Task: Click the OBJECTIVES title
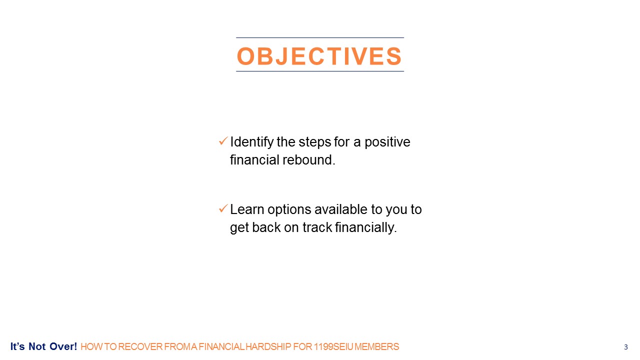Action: coord(319,55)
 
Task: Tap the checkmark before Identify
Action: coord(223,140)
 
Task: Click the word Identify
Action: coord(251,142)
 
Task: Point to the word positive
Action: coord(387,142)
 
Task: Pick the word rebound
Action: coord(309,159)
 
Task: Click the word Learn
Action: coord(247,209)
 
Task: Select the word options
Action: coord(289,210)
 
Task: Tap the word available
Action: coord(341,209)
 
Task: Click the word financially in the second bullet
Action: coord(366,227)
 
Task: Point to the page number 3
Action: coord(625,347)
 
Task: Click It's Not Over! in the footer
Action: coord(43,346)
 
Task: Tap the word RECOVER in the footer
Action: coord(140,347)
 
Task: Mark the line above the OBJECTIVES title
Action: coord(320,37)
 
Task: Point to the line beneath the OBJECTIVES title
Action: coord(320,71)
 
